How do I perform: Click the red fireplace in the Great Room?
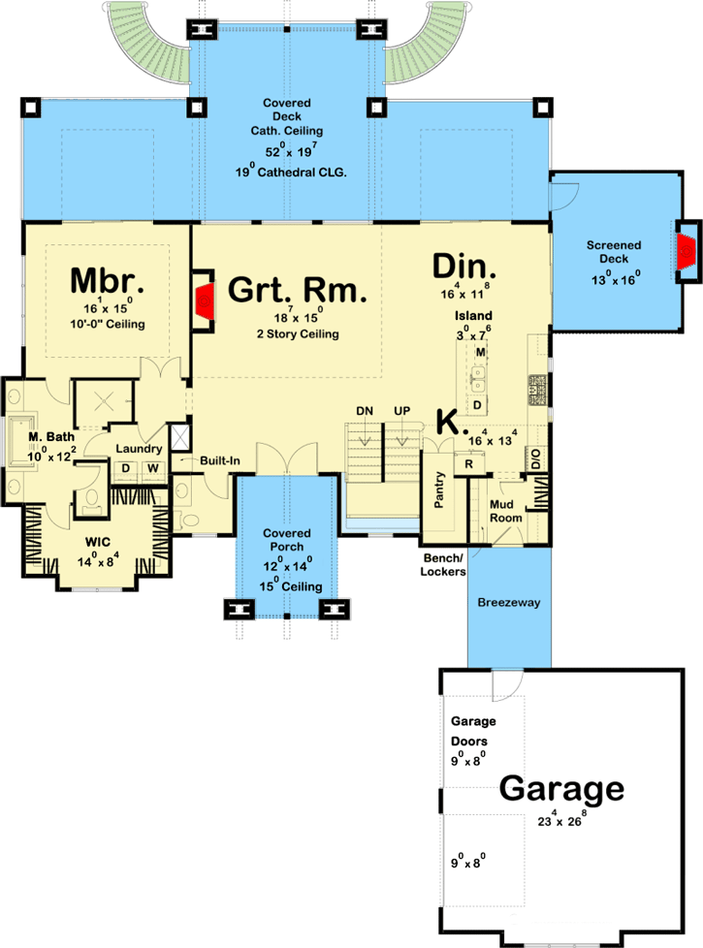205,300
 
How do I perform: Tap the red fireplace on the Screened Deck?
687,250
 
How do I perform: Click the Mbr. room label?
107,280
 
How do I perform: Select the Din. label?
464,267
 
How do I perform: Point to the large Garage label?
561,788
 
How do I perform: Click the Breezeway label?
509,602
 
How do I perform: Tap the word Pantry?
439,490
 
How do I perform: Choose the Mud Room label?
506,511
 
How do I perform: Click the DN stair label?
365,411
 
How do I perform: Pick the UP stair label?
401,411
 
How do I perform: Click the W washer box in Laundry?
153,468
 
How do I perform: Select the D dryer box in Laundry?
126,468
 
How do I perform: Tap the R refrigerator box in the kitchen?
469,464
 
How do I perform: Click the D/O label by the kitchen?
536,458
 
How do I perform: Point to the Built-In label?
219,460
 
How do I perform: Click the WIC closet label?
97,542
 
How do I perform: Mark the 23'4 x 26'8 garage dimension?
561,819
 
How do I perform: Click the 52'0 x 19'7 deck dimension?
291,149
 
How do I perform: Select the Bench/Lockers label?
443,565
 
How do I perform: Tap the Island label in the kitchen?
473,316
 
